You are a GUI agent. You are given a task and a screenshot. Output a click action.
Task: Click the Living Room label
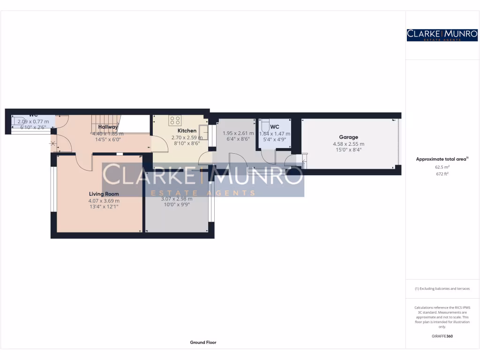(104, 194)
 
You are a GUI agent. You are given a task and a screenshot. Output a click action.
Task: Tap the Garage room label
(348, 137)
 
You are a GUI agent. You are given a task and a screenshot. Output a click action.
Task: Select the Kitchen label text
(187, 131)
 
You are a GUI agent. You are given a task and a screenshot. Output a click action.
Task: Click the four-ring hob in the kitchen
(175, 120)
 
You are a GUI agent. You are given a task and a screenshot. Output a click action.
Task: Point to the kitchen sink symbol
(203, 130)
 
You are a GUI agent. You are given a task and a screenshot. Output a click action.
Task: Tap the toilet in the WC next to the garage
(265, 126)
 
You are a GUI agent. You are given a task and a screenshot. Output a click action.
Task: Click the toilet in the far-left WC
(19, 121)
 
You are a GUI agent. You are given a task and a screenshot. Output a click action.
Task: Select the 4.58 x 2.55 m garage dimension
(348, 144)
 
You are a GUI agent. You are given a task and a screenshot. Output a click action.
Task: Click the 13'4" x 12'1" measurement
(104, 206)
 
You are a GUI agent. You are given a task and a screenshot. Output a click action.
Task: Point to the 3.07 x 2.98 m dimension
(177, 199)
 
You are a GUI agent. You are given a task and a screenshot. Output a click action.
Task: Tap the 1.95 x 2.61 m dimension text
(238, 133)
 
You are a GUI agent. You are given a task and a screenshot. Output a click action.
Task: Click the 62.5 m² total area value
(442, 166)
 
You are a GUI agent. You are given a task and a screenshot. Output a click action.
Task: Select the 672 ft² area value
(442, 173)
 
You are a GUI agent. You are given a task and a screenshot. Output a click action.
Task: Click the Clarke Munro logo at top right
(442, 35)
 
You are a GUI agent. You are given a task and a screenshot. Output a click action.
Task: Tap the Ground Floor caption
(203, 343)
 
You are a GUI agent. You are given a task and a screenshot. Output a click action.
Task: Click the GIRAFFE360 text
(442, 336)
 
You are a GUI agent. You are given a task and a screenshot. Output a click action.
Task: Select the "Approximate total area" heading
(442, 159)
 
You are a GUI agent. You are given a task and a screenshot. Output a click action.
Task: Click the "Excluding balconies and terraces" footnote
(442, 289)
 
